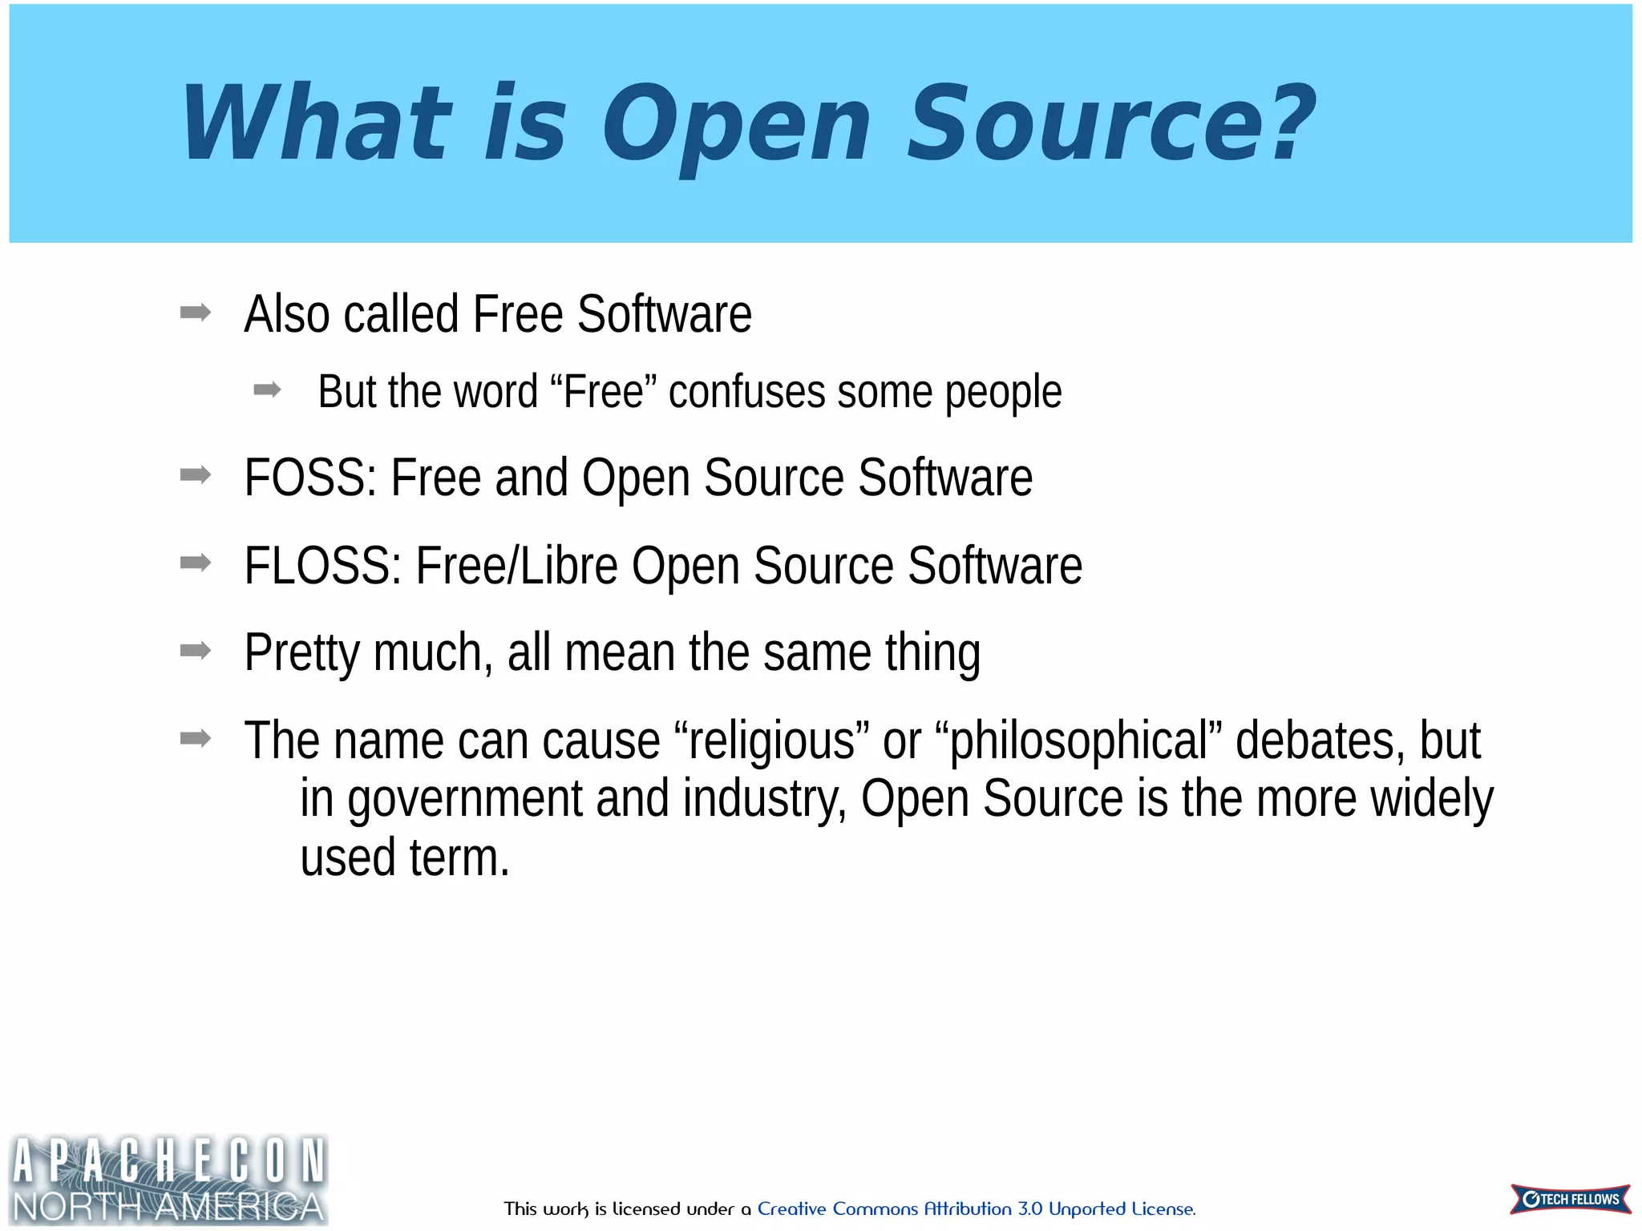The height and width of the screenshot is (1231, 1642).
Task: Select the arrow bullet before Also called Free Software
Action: pyautogui.click(x=196, y=312)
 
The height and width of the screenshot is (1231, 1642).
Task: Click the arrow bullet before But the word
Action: pyautogui.click(x=267, y=390)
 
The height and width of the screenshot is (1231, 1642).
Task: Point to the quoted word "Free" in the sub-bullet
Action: pyautogui.click(x=604, y=391)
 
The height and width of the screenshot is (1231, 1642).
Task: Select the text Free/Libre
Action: pyautogui.click(x=516, y=566)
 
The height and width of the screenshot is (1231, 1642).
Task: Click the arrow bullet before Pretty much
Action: pyautogui.click(x=196, y=650)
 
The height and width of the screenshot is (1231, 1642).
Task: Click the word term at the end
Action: pyautogui.click(x=459, y=858)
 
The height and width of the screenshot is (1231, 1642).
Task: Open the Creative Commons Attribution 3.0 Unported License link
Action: pyautogui.click(x=976, y=1209)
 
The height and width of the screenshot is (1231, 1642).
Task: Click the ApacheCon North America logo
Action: pyautogui.click(x=168, y=1180)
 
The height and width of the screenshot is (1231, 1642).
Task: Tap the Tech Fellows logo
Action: pyautogui.click(x=1570, y=1199)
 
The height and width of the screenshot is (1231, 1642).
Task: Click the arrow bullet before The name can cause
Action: pyautogui.click(x=196, y=737)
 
